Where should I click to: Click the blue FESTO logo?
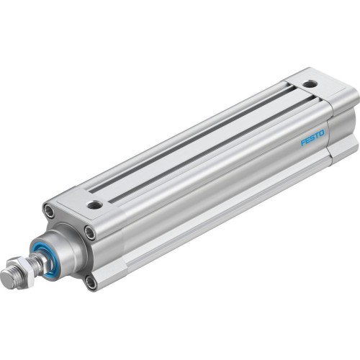click(312, 137)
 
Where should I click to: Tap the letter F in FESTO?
click(303, 141)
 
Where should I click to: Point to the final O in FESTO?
click(323, 132)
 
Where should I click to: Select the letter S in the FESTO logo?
click(312, 137)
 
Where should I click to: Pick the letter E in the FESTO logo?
click(307, 139)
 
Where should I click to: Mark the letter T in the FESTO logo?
click(318, 135)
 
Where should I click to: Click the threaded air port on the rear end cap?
click(309, 84)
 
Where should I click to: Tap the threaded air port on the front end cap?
click(94, 206)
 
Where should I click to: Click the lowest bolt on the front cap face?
click(91, 282)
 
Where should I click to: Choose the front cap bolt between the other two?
click(89, 232)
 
